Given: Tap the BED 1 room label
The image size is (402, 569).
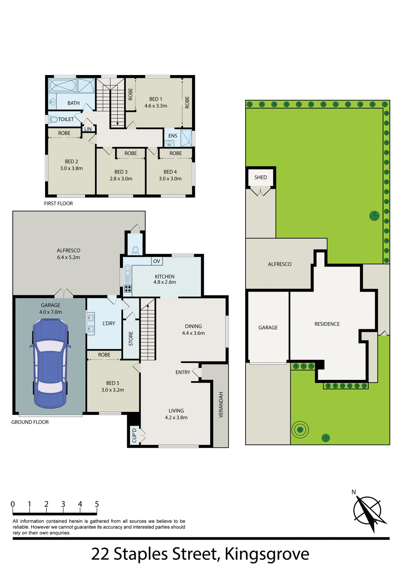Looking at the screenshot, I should (x=156, y=99).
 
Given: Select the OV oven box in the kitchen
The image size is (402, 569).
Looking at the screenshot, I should (x=157, y=261).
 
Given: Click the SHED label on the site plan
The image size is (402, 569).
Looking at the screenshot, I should (x=261, y=177).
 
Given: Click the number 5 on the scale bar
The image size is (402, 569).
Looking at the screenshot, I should (x=97, y=504).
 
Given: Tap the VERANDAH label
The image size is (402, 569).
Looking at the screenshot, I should (x=221, y=405).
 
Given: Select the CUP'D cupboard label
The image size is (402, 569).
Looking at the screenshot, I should (x=134, y=435).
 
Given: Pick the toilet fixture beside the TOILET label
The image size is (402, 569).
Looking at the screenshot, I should (x=54, y=119).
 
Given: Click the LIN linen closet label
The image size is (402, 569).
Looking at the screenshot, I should (x=88, y=129).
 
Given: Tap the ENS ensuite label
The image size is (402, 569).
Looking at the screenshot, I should (x=173, y=136).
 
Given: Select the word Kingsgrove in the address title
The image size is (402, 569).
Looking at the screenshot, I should (x=267, y=554).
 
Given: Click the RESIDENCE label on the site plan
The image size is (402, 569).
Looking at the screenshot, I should (x=327, y=324).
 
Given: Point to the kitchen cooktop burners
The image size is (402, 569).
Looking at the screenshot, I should (x=128, y=288).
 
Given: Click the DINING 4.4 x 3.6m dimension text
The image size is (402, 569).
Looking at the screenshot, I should (x=193, y=333).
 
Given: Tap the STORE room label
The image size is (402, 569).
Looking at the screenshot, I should (x=131, y=339).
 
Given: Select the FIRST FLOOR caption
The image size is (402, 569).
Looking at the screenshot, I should (x=58, y=203).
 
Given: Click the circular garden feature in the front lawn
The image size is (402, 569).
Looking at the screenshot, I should (x=300, y=429).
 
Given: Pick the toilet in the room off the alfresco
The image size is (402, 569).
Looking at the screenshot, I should (x=135, y=250).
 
